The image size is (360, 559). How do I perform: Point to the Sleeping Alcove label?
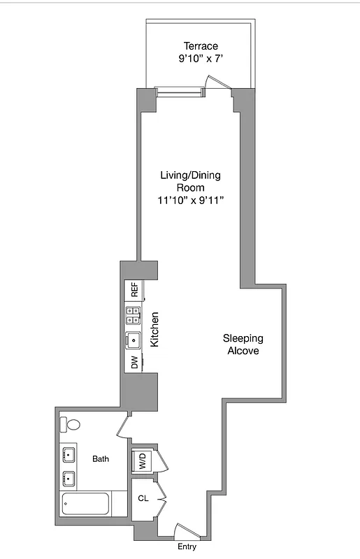(243, 344)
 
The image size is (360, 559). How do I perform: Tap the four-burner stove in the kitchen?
(133, 316)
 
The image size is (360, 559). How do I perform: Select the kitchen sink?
(133, 340)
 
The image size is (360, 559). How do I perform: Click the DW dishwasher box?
(133, 363)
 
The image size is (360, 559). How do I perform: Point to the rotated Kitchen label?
(155, 330)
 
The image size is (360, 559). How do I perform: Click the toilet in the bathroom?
(70, 424)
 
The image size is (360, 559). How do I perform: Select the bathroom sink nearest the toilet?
(69, 456)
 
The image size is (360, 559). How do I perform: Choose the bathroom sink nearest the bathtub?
(69, 479)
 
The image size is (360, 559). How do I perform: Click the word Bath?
(101, 459)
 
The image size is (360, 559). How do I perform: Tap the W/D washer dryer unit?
(142, 461)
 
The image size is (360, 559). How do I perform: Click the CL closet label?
(142, 499)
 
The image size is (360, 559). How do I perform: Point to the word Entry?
(187, 547)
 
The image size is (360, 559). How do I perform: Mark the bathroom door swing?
(124, 425)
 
